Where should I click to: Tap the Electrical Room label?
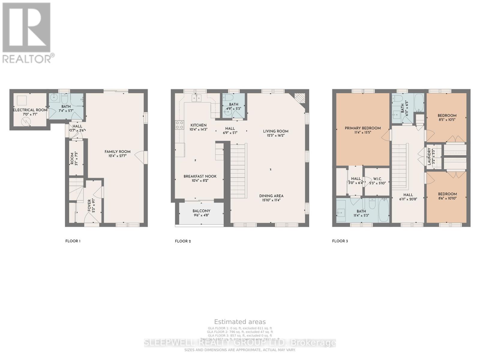pos(30,110)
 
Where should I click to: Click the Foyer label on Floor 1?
pos(89,205)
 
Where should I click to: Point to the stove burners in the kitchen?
pos(180,125)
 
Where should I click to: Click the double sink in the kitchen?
pos(196,98)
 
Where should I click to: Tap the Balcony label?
pos(201,211)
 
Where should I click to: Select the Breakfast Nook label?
pos(200,176)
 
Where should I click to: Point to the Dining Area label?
pos(271,196)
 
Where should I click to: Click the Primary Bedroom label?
pos(363,128)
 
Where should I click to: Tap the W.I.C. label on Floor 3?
pos(377,179)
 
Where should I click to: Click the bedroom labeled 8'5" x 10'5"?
pos(447,117)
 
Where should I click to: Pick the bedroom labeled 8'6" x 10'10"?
pos(447,196)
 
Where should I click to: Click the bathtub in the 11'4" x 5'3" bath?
pos(383,210)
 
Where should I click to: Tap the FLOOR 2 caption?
pos(183,241)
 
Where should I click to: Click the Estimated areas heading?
pos(240,322)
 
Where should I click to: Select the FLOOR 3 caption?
pos(340,241)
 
